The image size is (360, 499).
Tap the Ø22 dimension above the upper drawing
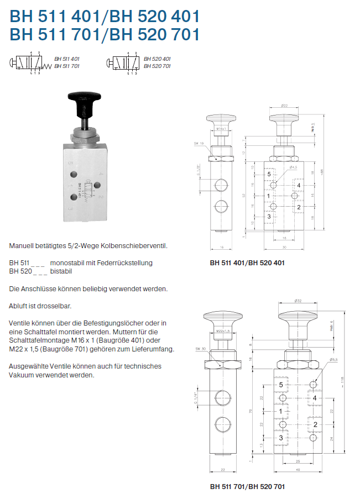(284, 105)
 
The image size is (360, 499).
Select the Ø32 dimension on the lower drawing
(297, 301)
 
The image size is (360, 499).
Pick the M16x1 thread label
(223, 128)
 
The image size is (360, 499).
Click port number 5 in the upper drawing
(269, 174)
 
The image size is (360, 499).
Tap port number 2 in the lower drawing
(315, 424)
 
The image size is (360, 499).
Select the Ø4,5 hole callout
(293, 167)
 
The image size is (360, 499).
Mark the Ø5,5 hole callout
(333, 360)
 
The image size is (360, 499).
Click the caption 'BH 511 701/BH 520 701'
(247, 486)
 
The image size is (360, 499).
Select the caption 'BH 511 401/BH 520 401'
(247, 263)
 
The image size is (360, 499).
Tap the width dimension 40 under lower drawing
(298, 470)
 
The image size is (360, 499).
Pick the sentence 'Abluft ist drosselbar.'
(40, 306)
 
